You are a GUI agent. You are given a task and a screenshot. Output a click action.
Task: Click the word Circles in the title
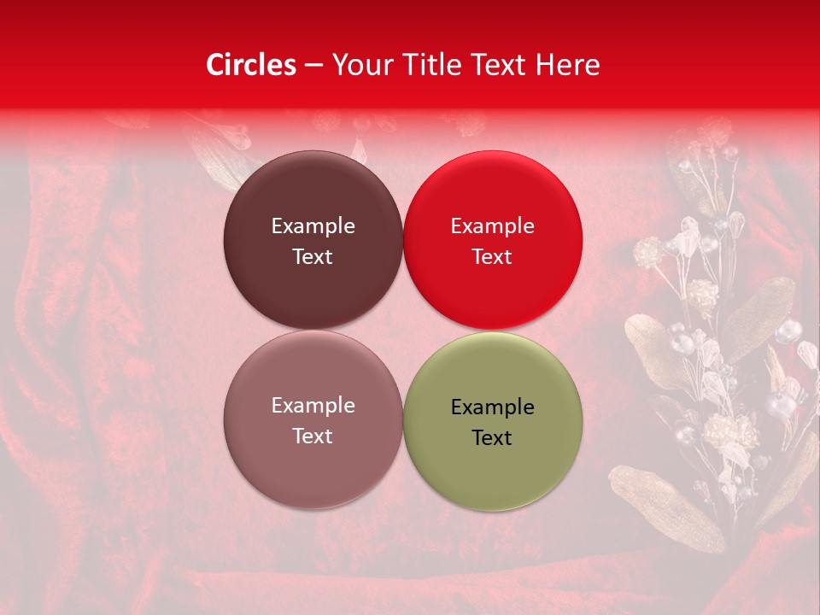(250, 65)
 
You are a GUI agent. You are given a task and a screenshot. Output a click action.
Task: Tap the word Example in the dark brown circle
(313, 226)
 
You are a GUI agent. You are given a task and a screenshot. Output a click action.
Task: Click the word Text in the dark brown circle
(313, 257)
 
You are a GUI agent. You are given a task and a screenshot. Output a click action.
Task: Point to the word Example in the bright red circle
(493, 226)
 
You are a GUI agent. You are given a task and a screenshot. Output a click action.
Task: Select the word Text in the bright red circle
(493, 257)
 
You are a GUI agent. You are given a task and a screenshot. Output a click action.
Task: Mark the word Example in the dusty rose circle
(313, 406)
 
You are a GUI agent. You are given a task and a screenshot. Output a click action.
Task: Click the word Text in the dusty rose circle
(313, 436)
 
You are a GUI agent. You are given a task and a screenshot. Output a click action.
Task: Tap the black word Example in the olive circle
(493, 407)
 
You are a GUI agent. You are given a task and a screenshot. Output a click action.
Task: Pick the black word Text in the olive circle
(493, 438)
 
